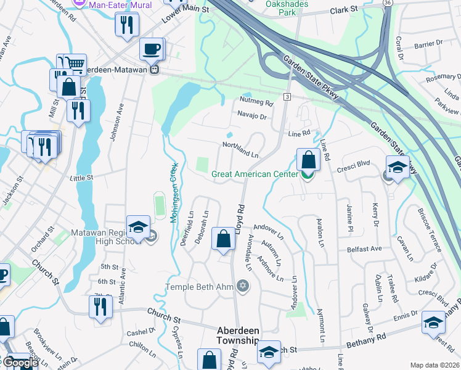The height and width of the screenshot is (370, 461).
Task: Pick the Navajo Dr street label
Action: pos(252,115)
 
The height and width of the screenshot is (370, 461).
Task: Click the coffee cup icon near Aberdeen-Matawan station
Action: pos(151,48)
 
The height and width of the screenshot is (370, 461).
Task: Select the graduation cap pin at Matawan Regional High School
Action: pos(138,226)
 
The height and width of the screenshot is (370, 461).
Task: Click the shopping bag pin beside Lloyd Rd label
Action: pos(222,239)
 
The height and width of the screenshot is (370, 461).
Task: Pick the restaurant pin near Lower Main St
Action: pos(126,24)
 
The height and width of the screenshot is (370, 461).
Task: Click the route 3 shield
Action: pos(287,97)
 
